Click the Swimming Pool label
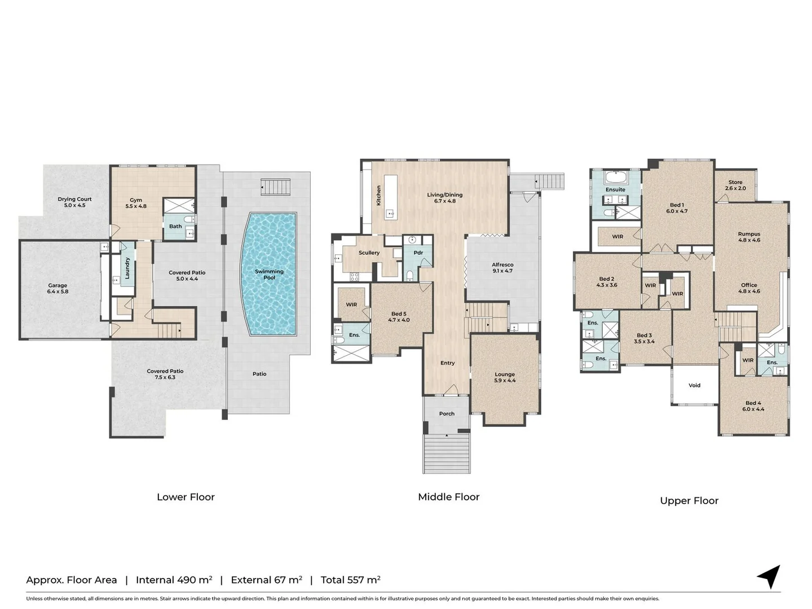[x=269, y=275]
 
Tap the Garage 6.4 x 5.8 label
[x=58, y=289]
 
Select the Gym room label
[x=136, y=203]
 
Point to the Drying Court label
[x=74, y=202]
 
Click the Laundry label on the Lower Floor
[x=127, y=268]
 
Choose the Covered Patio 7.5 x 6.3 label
[x=165, y=374]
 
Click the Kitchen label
[x=379, y=195]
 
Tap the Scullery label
[x=369, y=253]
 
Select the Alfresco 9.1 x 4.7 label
[x=502, y=268]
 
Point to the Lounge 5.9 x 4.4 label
[x=505, y=377]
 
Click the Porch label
[x=447, y=414]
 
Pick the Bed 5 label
[x=399, y=317]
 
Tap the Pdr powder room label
[x=418, y=253]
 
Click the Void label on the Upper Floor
[x=695, y=386]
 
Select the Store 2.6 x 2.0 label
[x=735, y=186]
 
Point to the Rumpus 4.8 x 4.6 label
[x=749, y=237]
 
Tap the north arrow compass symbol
[x=769, y=577]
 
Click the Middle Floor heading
[x=449, y=497]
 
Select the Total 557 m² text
[x=350, y=580]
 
